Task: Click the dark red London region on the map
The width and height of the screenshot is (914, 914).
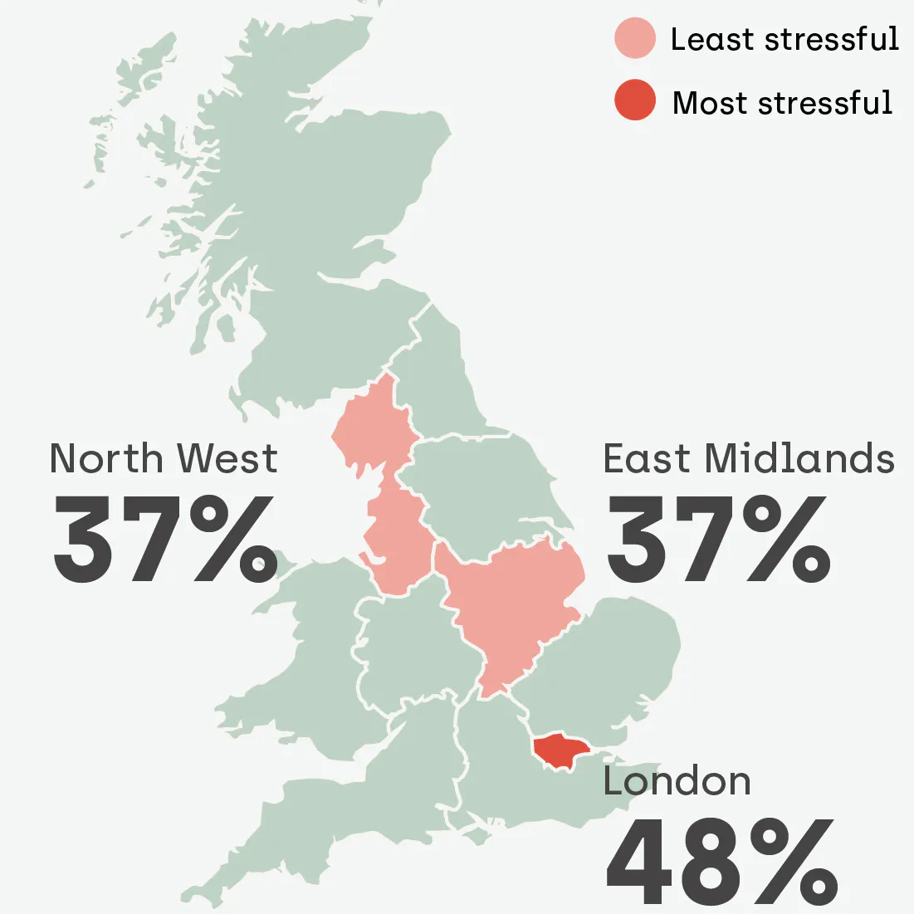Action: (x=560, y=750)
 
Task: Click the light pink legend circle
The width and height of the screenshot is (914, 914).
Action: (x=635, y=40)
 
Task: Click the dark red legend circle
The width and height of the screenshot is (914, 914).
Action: (x=635, y=101)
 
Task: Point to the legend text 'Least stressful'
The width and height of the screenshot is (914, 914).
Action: (x=784, y=40)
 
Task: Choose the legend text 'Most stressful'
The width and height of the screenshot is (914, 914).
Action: (x=782, y=103)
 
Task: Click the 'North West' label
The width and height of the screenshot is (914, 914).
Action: (x=164, y=459)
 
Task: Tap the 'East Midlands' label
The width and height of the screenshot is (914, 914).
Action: (x=749, y=459)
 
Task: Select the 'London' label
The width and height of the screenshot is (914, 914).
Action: (x=677, y=782)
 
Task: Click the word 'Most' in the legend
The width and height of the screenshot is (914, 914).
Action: (x=710, y=103)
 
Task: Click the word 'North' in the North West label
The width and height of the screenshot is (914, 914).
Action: (x=106, y=459)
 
